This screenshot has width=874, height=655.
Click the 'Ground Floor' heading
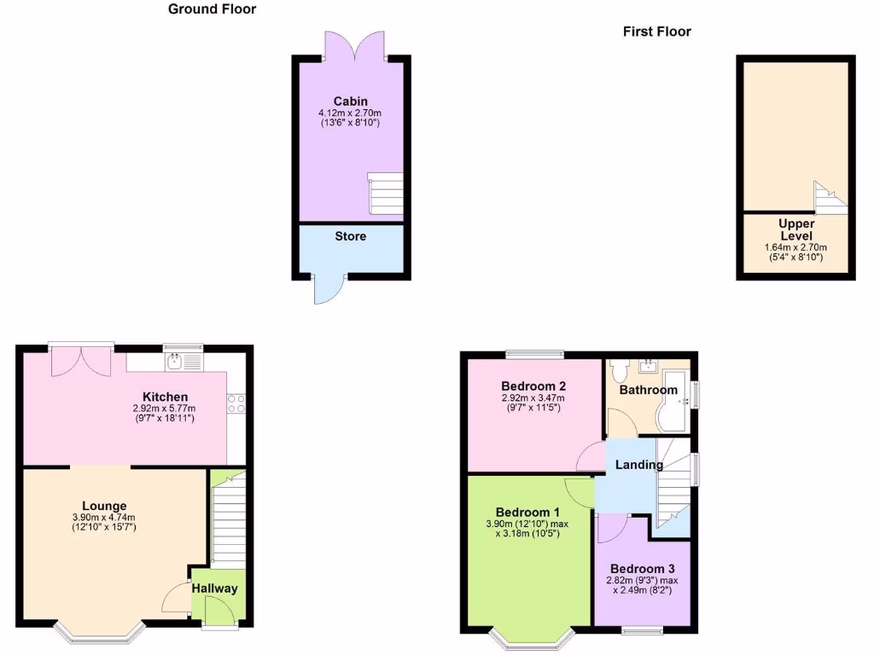click(212, 9)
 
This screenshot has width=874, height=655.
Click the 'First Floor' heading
click(656, 32)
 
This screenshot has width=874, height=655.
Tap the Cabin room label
click(350, 101)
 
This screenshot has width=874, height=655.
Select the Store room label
click(350, 236)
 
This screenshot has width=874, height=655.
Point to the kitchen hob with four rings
click(236, 403)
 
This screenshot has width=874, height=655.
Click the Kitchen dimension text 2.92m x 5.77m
click(165, 409)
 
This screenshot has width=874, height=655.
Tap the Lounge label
click(104, 506)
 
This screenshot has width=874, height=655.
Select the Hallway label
click(214, 588)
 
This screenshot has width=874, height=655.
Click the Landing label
click(638, 465)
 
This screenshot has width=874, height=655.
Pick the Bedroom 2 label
click(533, 384)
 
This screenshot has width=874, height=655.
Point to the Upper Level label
click(795, 230)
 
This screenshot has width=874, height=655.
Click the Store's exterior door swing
click(324, 290)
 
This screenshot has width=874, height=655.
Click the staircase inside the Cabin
click(385, 194)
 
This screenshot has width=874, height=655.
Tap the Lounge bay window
click(97, 632)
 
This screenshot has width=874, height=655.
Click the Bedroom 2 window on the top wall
click(534, 353)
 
